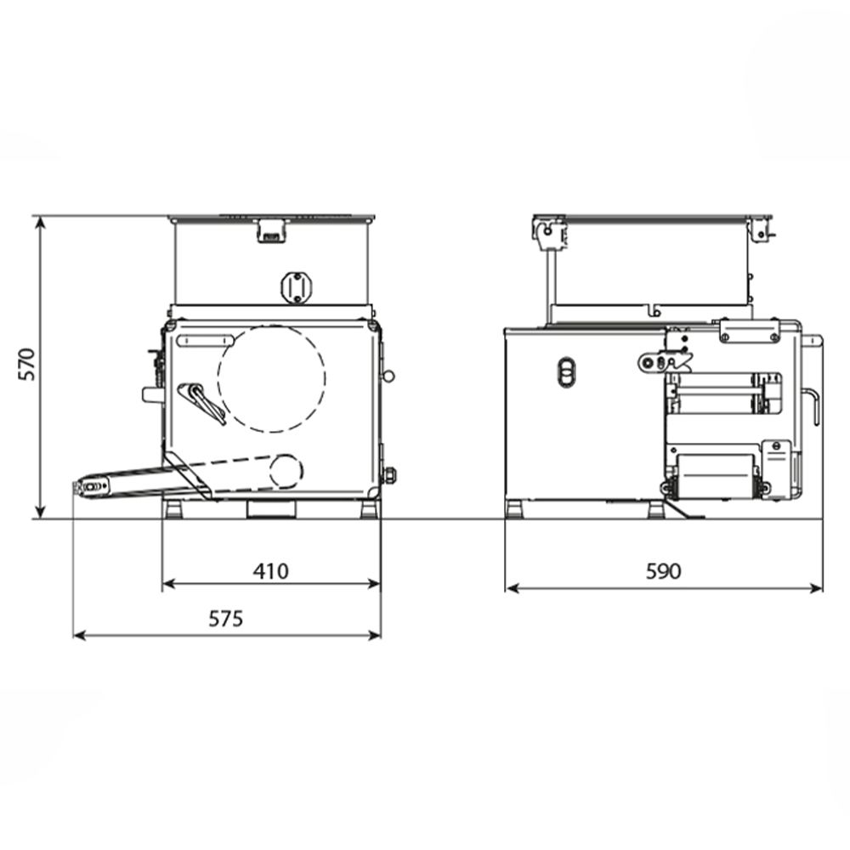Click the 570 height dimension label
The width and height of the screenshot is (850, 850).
pos(26,365)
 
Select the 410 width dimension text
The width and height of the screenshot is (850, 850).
pos(271,571)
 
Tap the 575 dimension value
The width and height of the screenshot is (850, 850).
pos(226,619)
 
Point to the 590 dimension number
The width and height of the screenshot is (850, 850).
pos(664,571)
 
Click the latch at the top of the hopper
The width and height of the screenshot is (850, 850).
pos(272,230)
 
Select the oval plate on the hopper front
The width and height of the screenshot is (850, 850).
pos(297,287)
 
